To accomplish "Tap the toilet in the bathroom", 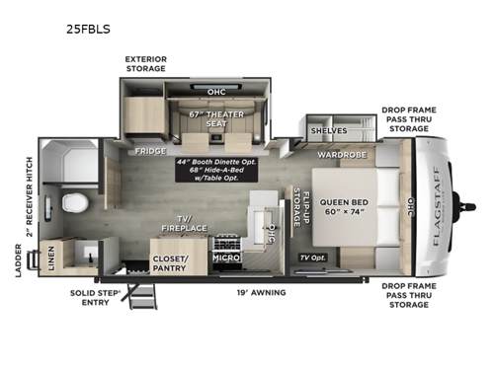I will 70,202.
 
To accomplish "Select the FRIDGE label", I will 151,151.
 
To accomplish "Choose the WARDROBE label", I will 342,155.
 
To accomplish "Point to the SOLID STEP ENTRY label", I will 96,298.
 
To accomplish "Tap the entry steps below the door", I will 143,294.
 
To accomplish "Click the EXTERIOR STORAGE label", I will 145,64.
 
